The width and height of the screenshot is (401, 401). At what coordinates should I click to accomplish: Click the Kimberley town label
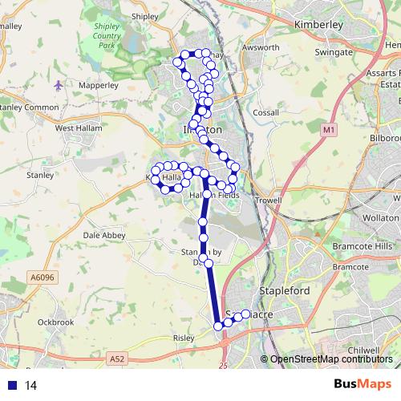coord(318,25)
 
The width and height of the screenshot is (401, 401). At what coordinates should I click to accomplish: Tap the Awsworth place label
coord(261,47)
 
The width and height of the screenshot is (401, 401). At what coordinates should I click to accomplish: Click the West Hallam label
coord(77,127)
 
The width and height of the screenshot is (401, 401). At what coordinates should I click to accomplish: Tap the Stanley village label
coord(39,173)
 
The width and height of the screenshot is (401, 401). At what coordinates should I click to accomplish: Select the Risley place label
coord(184,338)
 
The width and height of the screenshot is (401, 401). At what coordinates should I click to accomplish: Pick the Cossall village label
coord(265,113)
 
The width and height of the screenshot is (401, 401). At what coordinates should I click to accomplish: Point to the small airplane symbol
coord(59,84)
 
